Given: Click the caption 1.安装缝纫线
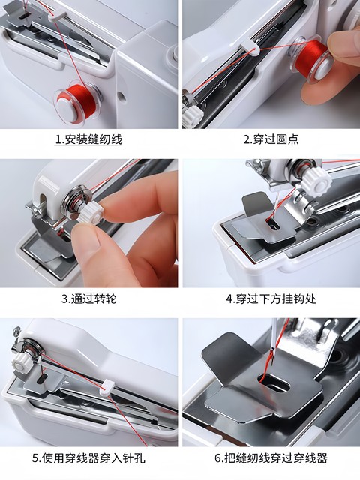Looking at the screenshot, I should [88, 139].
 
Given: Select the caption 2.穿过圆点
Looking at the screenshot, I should [271, 139].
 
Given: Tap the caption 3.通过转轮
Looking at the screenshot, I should [88, 298].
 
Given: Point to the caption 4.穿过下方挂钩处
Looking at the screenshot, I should [271, 298].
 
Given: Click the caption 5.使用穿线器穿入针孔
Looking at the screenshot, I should [88, 458].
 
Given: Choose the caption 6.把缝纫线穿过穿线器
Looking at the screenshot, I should [271, 458].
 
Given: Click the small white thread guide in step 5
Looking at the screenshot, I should [106, 388].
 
